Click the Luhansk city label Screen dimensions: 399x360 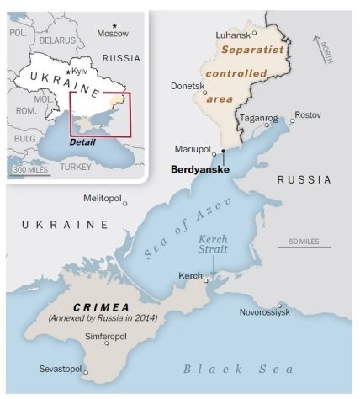pyautogui.click(x=233, y=35)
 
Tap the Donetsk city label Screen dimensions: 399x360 pyautogui.click(x=188, y=86)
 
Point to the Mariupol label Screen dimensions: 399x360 pyautogui.click(x=191, y=149)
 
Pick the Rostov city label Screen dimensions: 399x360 pyautogui.click(x=308, y=114)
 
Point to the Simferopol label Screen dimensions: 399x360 pyautogui.click(x=107, y=335)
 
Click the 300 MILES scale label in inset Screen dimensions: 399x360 pyautogui.click(x=32, y=169)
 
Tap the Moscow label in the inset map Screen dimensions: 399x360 pyautogui.click(x=113, y=34)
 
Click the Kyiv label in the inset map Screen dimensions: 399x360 pyautogui.click(x=81, y=75)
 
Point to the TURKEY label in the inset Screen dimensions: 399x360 pyautogui.click(x=76, y=167)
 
